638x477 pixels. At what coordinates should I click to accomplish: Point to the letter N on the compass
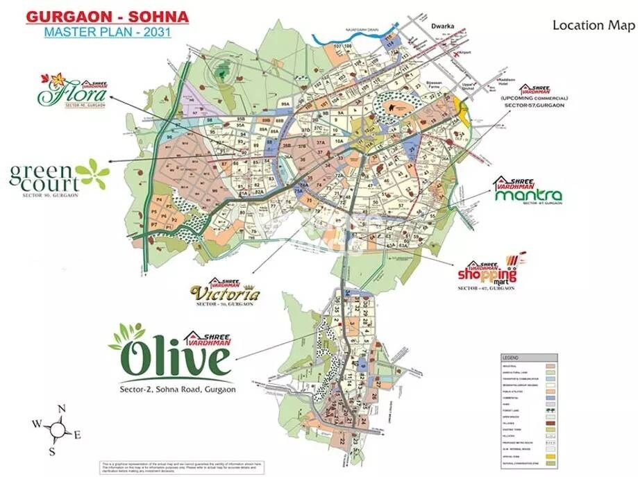coord(61,408)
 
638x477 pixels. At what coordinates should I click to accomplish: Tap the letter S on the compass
coord(51,451)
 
